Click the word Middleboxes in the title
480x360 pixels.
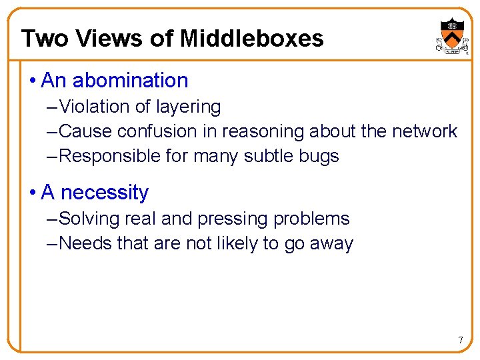[x=251, y=39]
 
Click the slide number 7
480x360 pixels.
[x=460, y=341]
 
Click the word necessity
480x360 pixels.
[x=105, y=193]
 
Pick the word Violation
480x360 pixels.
[x=95, y=107]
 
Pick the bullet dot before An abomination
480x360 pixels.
[x=33, y=81]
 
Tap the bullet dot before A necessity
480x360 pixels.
[x=33, y=193]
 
